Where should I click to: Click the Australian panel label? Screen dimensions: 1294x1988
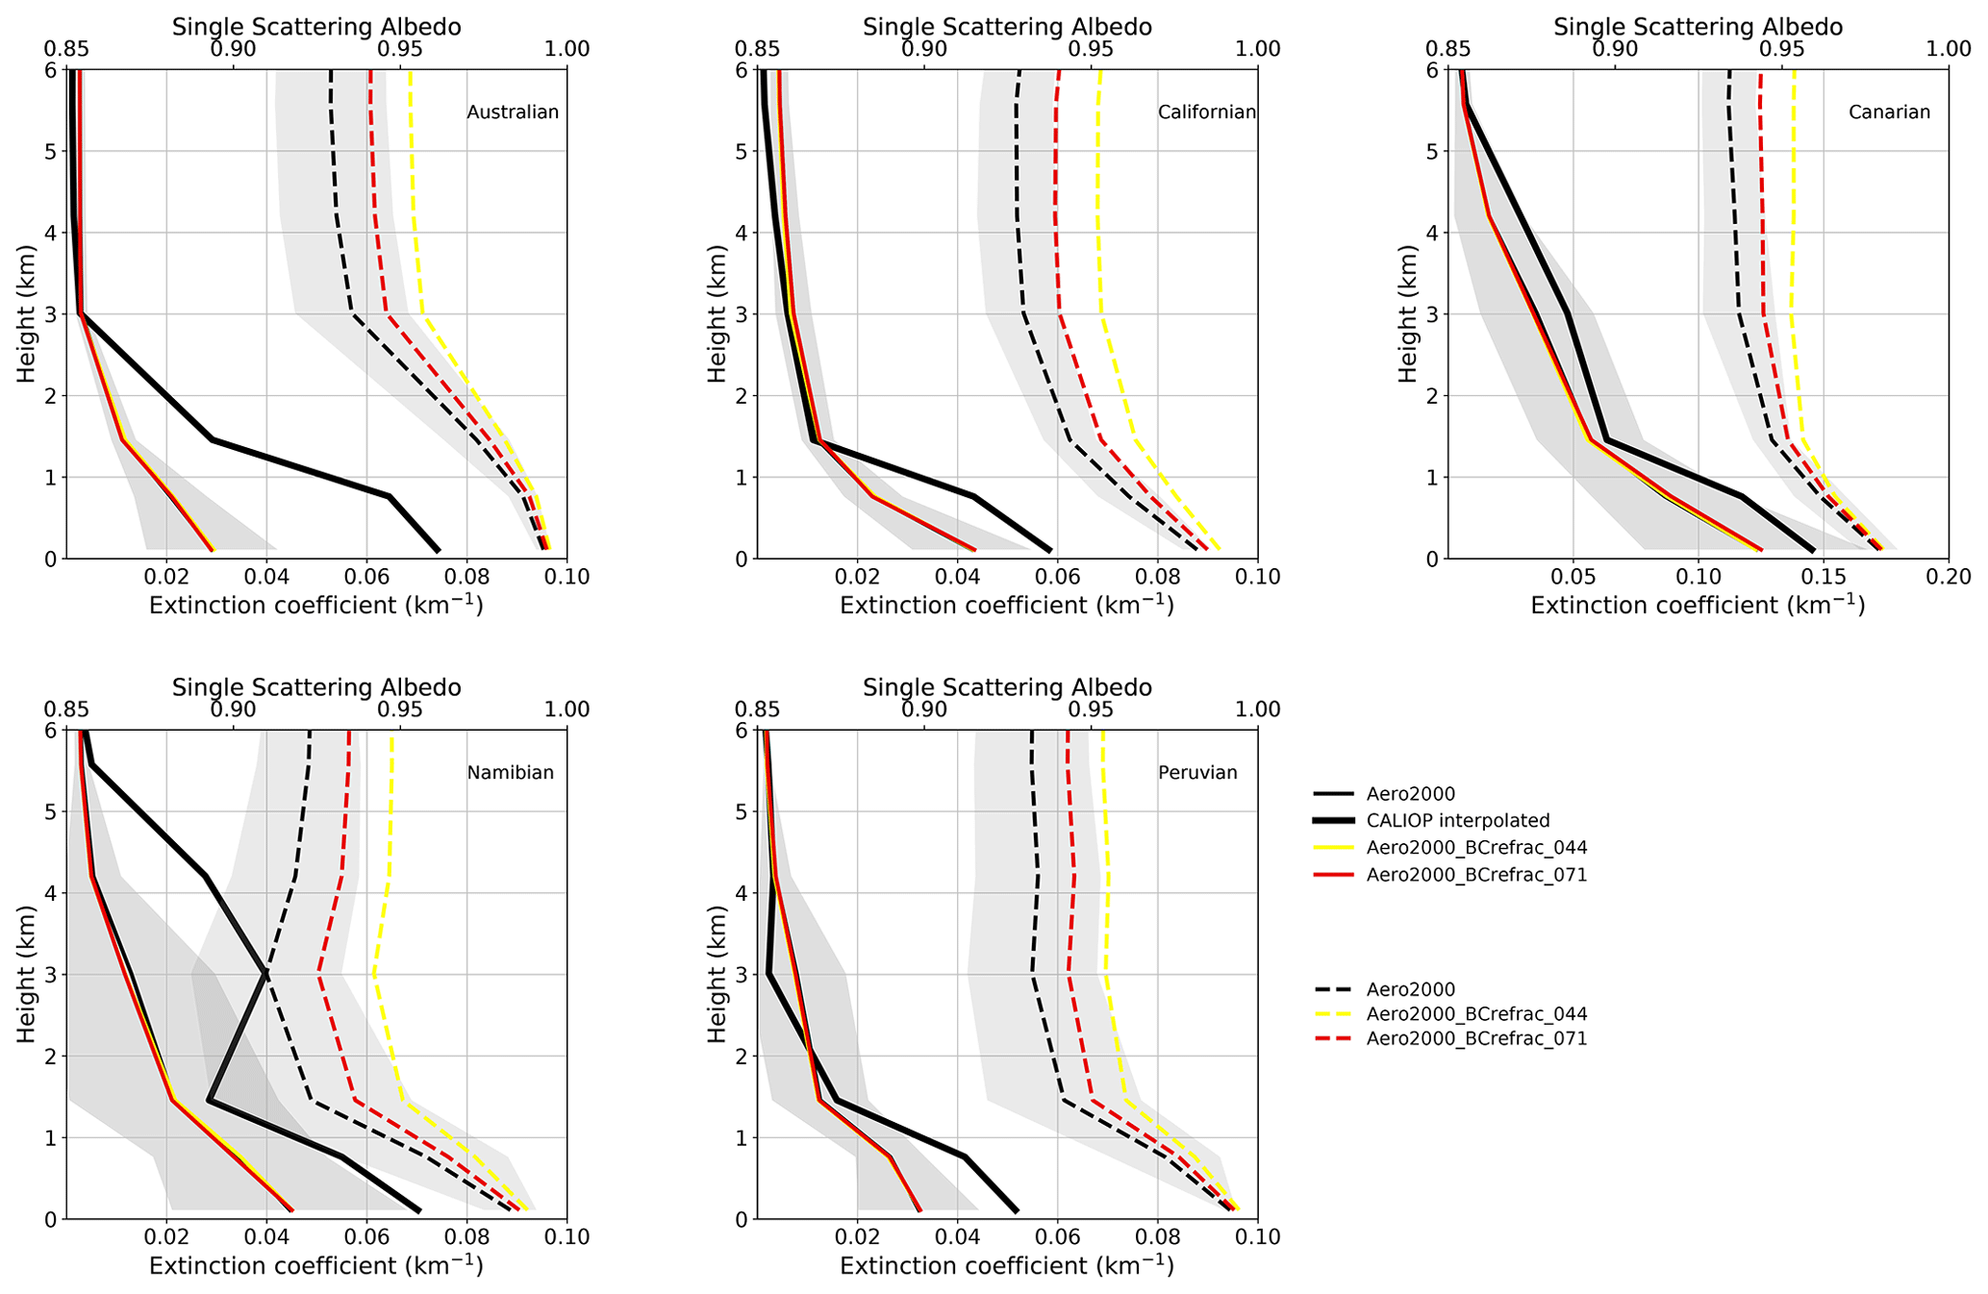coord(513,112)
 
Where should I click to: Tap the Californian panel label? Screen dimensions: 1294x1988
coord(1206,112)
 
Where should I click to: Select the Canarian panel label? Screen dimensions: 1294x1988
coord(1889,112)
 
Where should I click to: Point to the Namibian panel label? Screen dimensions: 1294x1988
coord(510,773)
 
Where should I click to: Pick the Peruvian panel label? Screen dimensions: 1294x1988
coord(1197,773)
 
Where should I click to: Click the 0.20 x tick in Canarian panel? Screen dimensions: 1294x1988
coord(1949,577)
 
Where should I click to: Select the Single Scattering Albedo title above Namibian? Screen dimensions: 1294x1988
coord(316,688)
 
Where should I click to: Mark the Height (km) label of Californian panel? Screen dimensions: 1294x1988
coord(717,313)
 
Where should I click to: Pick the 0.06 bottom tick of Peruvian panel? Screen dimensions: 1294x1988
coord(1057,1237)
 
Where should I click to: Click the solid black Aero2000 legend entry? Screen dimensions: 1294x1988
coord(1411,794)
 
